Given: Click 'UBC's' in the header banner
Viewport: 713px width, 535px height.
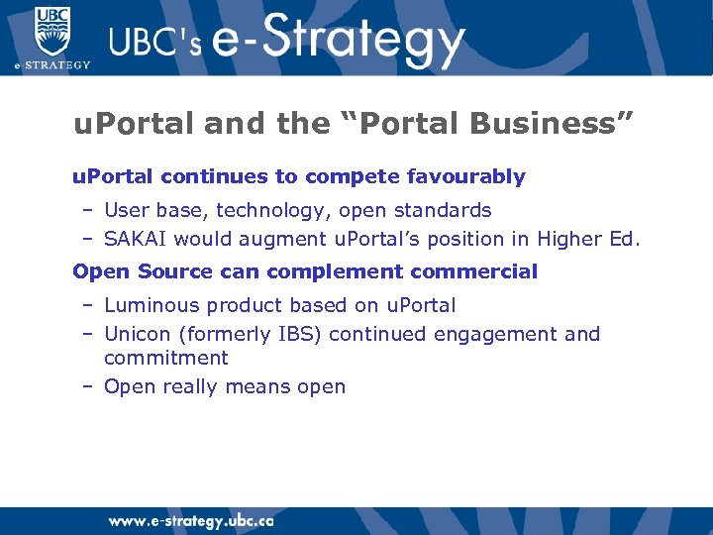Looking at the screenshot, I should [154, 43].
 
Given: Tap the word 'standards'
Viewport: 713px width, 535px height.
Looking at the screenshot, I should [445, 210].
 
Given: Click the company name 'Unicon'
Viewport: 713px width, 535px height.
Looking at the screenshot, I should [137, 334].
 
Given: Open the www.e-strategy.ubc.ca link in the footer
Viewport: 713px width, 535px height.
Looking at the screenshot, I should [191, 520].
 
